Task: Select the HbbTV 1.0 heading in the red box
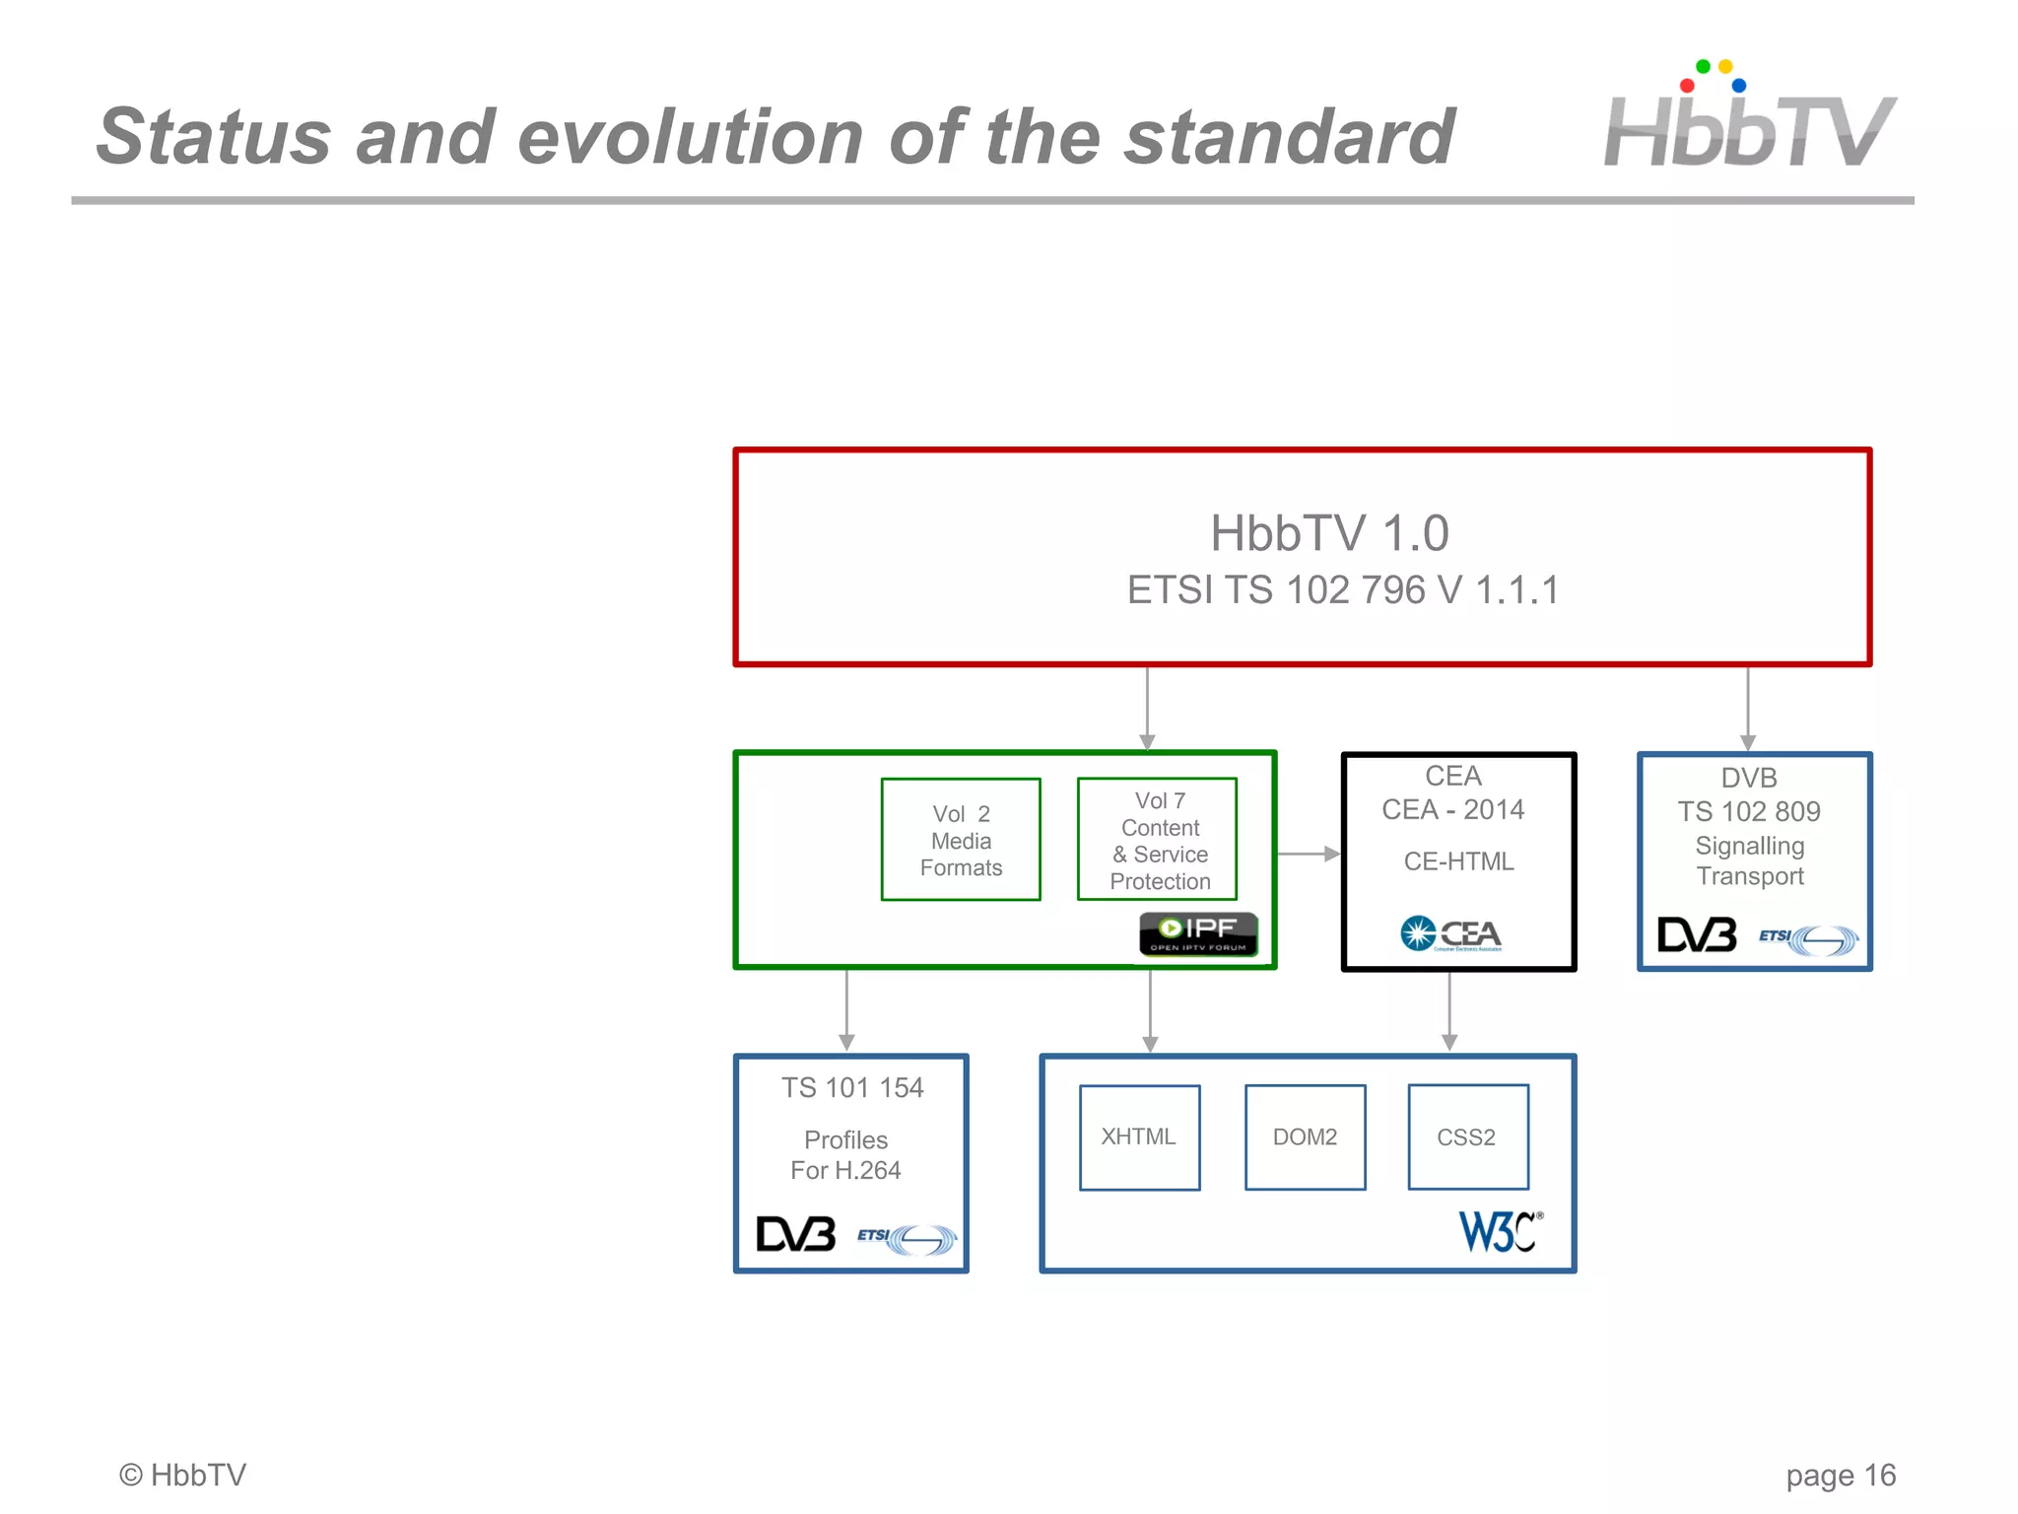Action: tap(1328, 533)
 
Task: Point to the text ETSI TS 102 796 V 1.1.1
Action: tap(1342, 590)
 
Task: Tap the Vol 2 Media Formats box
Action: tap(961, 840)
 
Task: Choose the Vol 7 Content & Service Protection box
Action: tap(1158, 840)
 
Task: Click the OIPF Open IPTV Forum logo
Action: tap(1198, 933)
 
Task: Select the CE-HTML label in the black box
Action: tap(1458, 861)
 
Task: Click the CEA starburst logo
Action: tap(1450, 933)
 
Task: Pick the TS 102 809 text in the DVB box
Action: tap(1749, 811)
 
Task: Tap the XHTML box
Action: tap(1139, 1137)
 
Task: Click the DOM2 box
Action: tap(1305, 1137)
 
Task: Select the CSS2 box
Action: tap(1467, 1137)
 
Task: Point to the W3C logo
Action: tap(1499, 1231)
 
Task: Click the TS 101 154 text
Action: tap(852, 1087)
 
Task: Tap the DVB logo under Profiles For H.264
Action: tap(795, 1234)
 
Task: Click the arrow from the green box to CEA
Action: tap(1309, 854)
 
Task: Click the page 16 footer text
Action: tap(1840, 1475)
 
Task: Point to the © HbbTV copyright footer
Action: tap(182, 1475)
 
